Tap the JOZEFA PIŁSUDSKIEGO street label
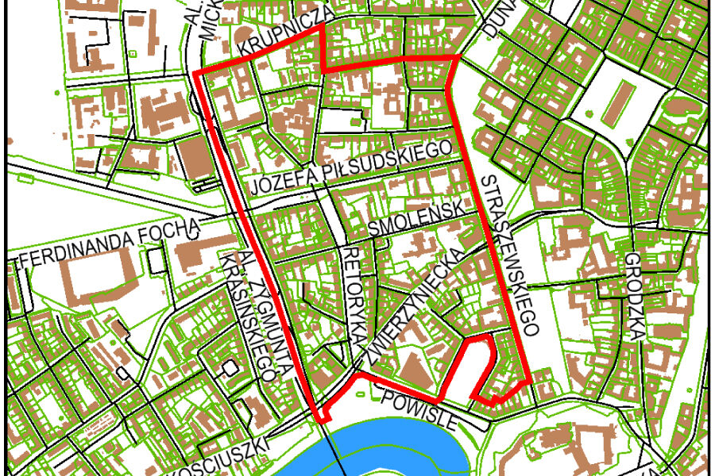click(x=354, y=169)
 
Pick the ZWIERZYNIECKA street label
click(x=413, y=312)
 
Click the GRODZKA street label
click(x=633, y=297)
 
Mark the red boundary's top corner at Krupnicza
click(x=322, y=26)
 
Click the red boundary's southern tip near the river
click(x=323, y=420)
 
